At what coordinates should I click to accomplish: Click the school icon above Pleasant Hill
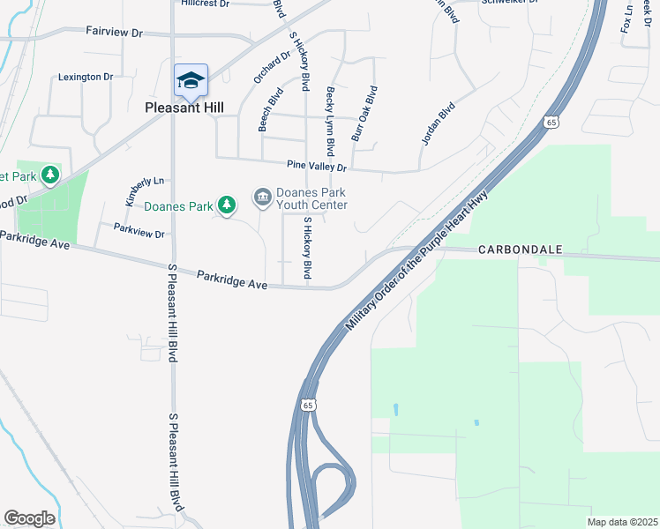[x=191, y=81]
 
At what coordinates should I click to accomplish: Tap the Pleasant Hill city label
[x=184, y=108]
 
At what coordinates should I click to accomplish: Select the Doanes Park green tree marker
[x=228, y=205]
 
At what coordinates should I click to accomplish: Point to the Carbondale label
[x=521, y=250]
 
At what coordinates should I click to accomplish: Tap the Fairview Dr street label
[x=114, y=32]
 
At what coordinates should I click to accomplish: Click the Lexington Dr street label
[x=86, y=77]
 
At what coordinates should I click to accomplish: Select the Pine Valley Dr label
[x=317, y=166]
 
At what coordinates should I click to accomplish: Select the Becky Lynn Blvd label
[x=331, y=121]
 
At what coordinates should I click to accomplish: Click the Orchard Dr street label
[x=272, y=67]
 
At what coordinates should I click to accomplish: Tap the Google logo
[x=29, y=518]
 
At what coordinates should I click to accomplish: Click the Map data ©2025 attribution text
[x=623, y=522]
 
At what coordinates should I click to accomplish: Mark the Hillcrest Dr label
[x=205, y=4]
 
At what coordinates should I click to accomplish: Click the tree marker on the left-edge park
[x=50, y=175]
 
